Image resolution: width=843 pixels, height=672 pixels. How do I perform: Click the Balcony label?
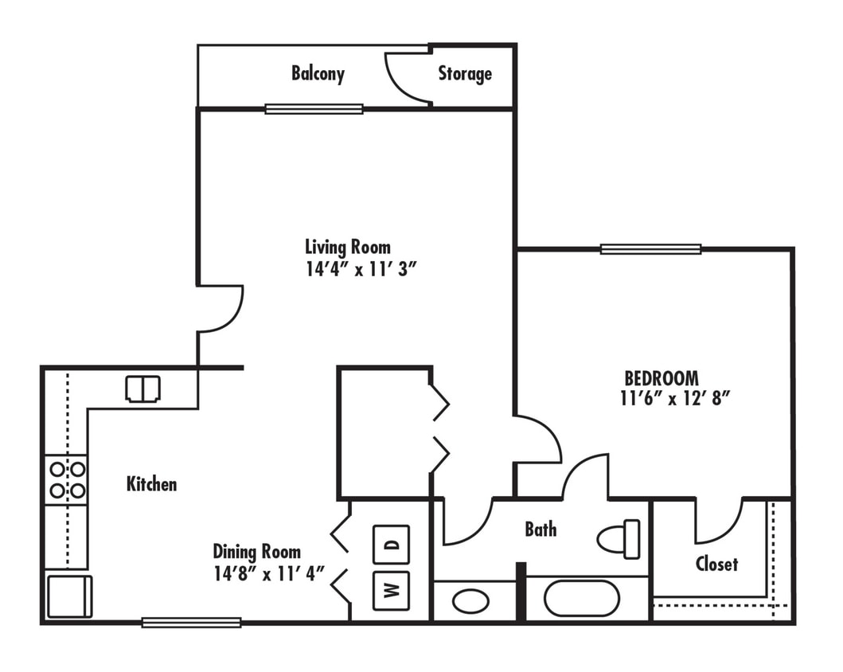(318, 74)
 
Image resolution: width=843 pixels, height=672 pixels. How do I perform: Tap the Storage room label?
(465, 74)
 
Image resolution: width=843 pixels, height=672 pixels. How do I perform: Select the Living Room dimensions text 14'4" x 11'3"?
(361, 269)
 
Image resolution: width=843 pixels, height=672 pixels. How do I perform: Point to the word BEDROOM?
(662, 377)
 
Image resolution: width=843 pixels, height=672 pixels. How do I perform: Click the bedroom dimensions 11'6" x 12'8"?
(675, 399)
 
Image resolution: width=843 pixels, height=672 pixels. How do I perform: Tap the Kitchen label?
(151, 483)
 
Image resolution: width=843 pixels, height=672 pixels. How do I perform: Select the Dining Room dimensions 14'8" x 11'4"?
(270, 573)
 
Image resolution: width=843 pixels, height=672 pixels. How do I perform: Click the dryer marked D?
(391, 545)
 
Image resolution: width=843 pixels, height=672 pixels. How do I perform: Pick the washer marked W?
(391, 591)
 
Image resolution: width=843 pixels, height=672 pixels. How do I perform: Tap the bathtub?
(582, 598)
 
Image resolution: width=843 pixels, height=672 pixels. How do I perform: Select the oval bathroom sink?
(470, 600)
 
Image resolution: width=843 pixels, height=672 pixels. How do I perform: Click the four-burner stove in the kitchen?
(66, 479)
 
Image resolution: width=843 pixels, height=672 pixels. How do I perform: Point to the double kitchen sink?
(143, 389)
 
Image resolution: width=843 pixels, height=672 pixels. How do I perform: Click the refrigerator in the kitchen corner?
(69, 596)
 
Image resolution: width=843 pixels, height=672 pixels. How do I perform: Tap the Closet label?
(716, 564)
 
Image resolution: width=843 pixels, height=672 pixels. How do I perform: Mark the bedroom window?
(650, 249)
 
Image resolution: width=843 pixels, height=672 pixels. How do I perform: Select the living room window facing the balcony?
(314, 109)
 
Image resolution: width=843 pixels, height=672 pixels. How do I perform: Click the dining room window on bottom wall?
(191, 623)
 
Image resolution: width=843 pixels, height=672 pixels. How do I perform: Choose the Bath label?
(541, 529)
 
